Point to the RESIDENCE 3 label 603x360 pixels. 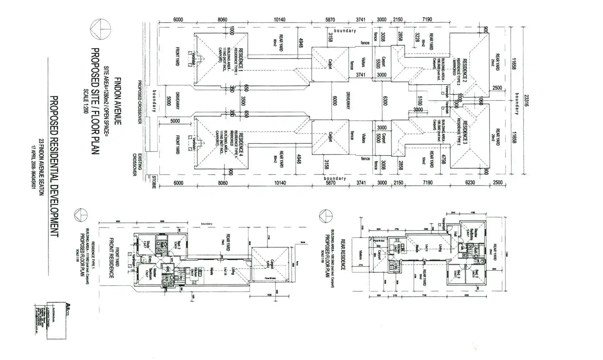click(465, 133)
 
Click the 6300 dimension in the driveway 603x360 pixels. click(384, 101)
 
